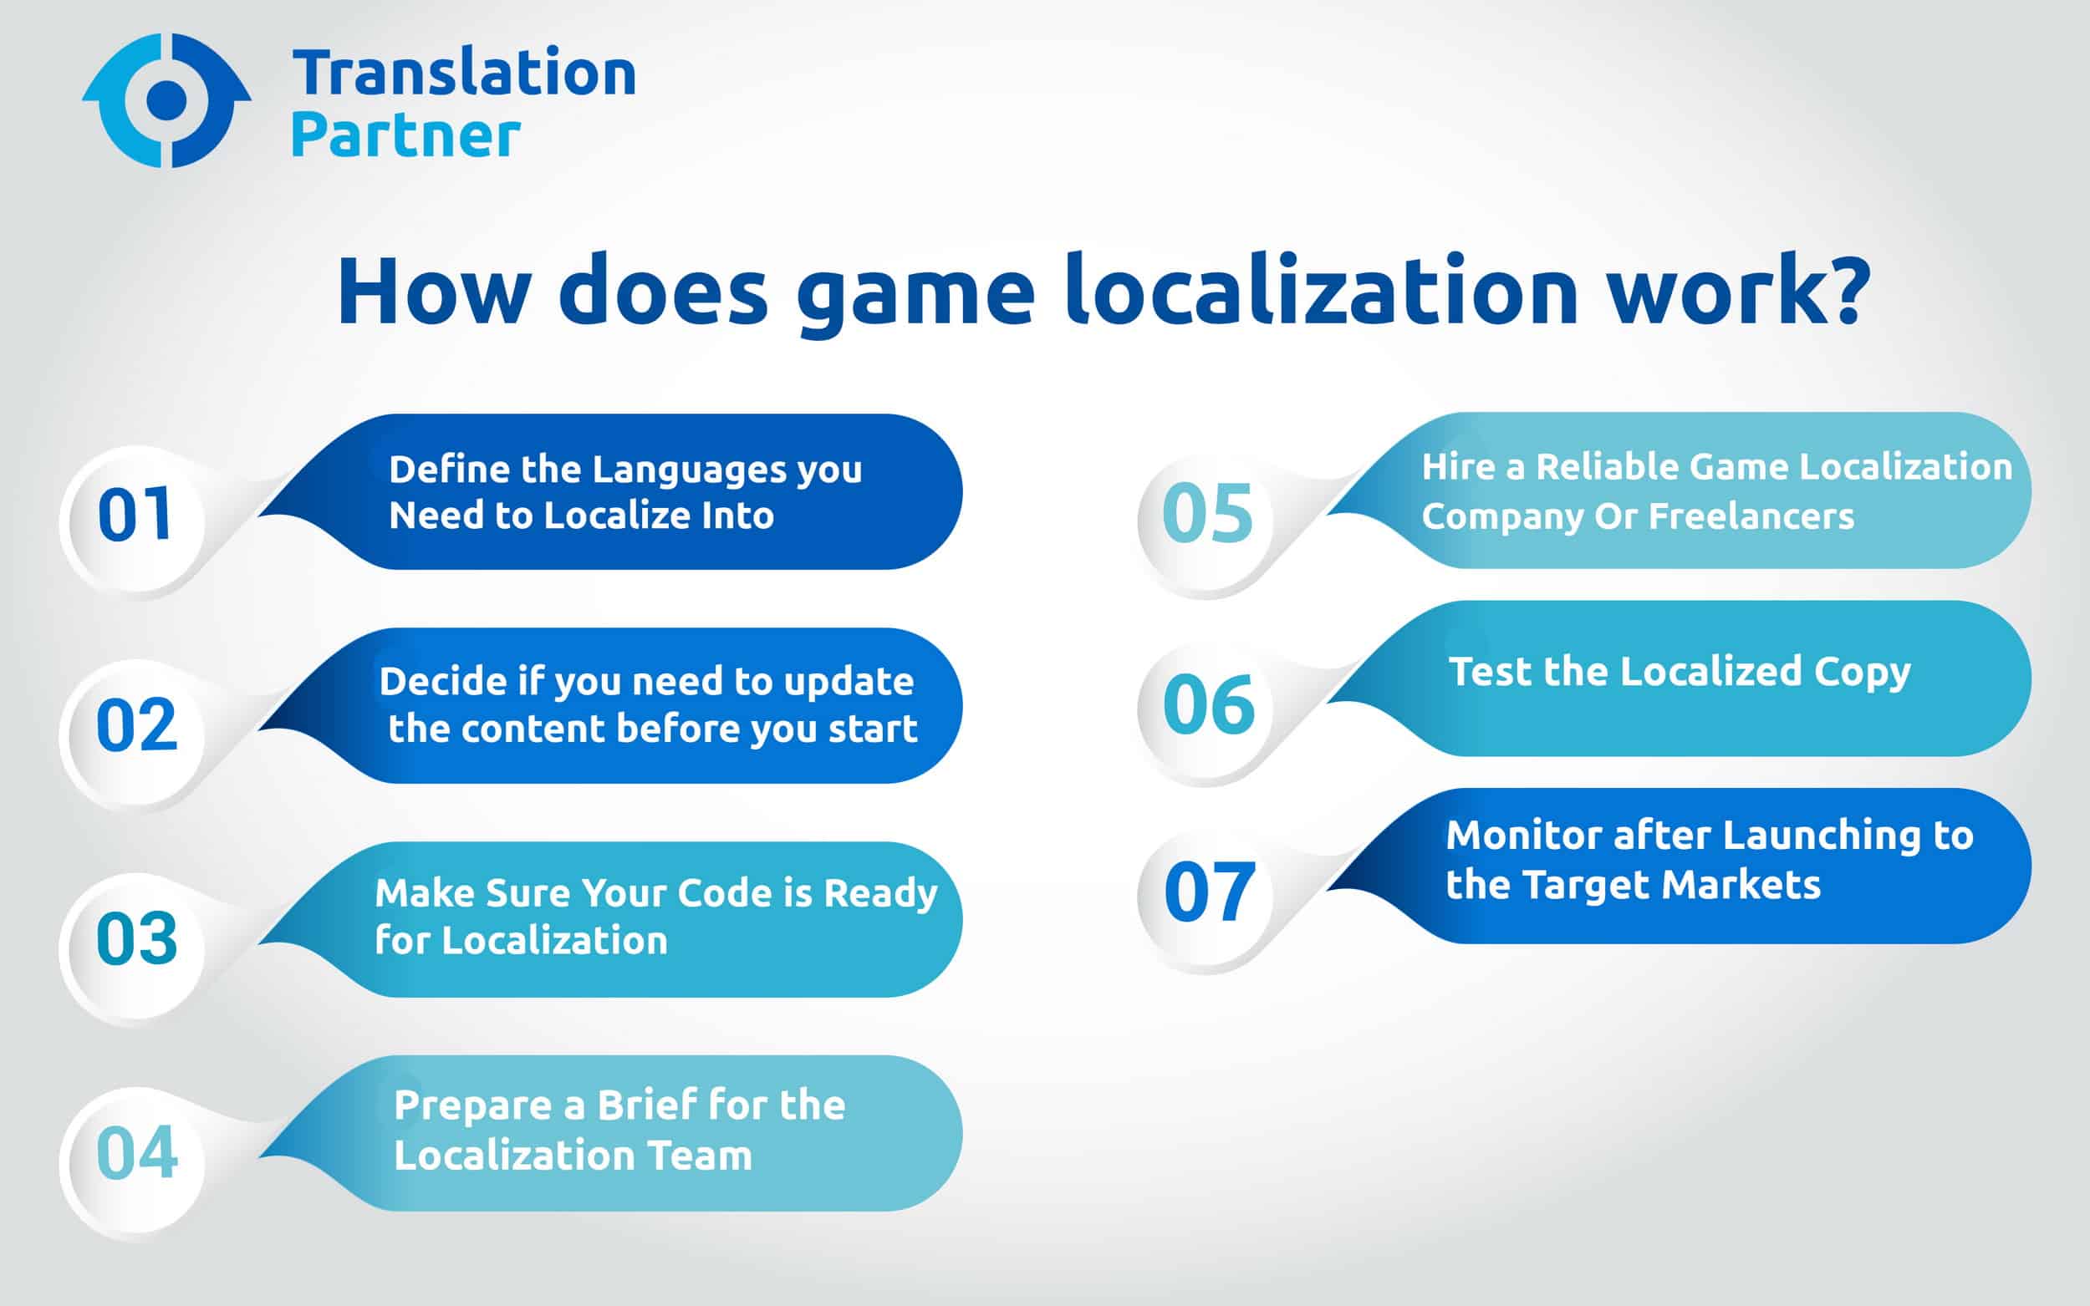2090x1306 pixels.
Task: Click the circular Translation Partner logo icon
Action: [x=166, y=100]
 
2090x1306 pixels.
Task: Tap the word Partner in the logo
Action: [x=406, y=136]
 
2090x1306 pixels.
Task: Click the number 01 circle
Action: [x=134, y=516]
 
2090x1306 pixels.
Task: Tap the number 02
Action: [x=135, y=726]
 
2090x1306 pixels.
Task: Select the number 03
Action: [x=135, y=940]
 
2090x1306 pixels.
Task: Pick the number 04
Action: [x=136, y=1154]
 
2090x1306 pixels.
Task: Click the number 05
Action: [x=1207, y=515]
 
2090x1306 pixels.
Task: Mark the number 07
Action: [x=1209, y=893]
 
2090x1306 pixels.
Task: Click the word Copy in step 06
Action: [x=1861, y=673]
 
